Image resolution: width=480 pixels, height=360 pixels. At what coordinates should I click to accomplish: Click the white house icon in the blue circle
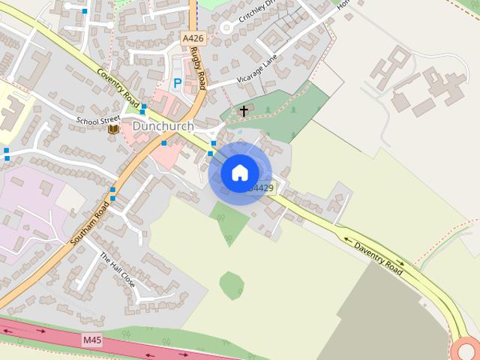tap(239, 172)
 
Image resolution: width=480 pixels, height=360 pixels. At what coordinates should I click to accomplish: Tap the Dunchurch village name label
tap(163, 127)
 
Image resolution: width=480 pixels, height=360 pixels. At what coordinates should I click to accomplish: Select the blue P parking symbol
tap(178, 84)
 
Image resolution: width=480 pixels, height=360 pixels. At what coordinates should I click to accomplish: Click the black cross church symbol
tap(243, 111)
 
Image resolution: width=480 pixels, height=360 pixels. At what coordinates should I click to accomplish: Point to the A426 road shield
tap(192, 37)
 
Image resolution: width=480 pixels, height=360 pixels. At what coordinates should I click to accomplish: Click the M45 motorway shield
tap(92, 340)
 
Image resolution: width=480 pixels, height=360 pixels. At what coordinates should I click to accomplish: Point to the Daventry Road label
tap(379, 257)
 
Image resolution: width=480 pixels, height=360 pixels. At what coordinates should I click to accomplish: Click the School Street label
tap(97, 119)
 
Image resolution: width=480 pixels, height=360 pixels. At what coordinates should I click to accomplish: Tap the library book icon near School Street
tap(113, 129)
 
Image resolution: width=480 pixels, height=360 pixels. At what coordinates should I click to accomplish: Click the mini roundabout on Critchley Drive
tap(226, 28)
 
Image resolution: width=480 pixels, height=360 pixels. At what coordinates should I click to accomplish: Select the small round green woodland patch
tap(232, 285)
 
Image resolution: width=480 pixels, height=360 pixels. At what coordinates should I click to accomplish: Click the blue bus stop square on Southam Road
tap(112, 190)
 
